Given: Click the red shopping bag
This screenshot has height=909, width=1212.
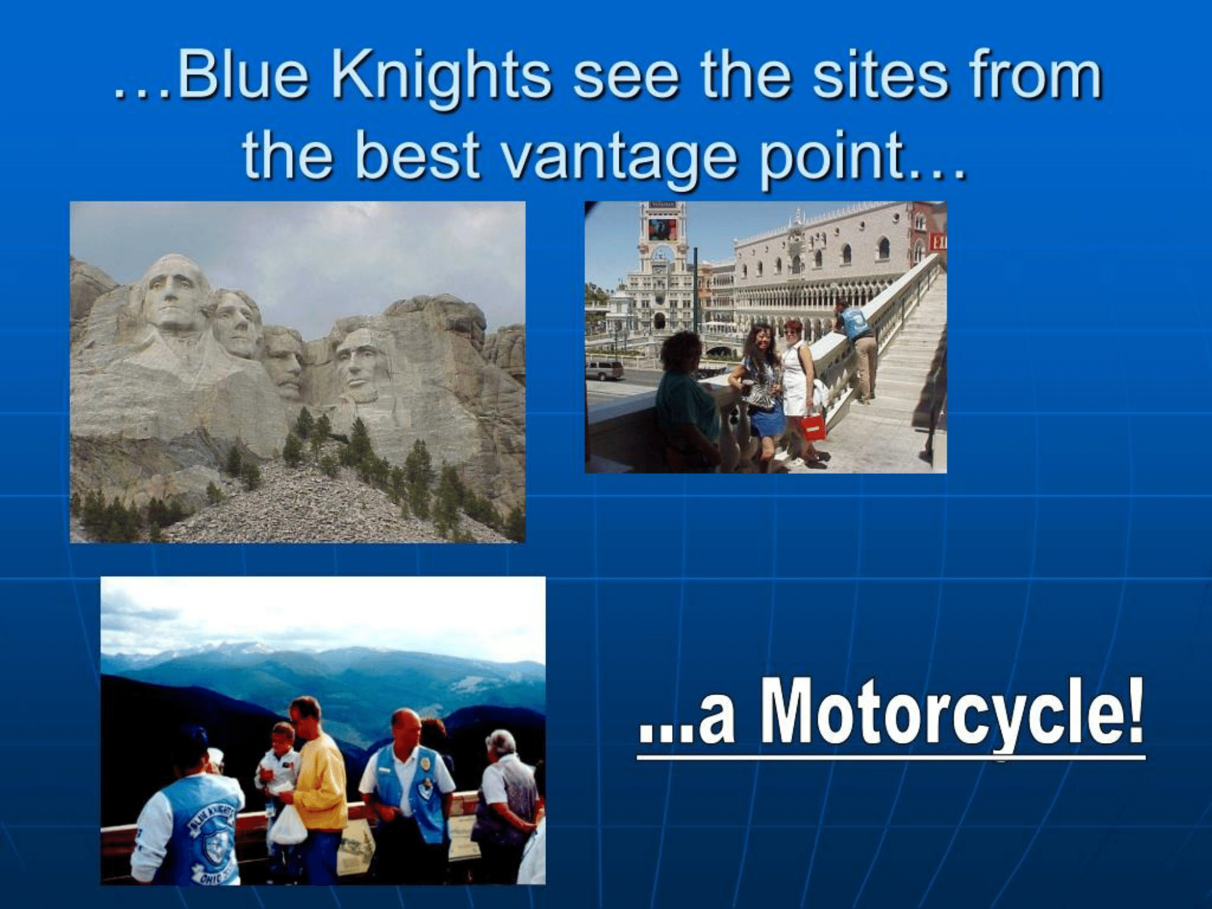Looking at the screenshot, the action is (811, 427).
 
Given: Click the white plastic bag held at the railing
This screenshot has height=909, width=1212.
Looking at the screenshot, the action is (287, 824).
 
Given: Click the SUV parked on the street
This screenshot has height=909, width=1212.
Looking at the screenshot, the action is (604, 370).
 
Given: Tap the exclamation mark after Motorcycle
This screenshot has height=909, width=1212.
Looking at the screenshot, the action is (1134, 709).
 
